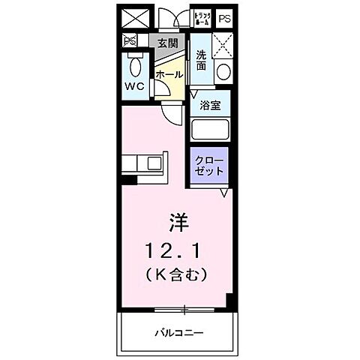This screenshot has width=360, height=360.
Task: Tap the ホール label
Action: (x=168, y=74)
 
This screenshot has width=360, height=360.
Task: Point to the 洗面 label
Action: (x=201, y=60)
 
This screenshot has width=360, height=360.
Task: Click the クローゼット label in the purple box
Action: (x=210, y=165)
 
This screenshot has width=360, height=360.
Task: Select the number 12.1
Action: (x=178, y=248)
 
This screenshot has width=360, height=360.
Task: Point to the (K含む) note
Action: (x=178, y=274)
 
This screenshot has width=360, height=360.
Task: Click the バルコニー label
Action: (x=180, y=332)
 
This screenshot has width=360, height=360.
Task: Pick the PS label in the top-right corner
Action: (x=225, y=17)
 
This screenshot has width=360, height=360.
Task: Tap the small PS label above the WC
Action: (x=130, y=42)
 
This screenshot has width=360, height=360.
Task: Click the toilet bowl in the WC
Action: (x=136, y=68)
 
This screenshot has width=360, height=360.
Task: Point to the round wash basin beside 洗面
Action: (x=223, y=73)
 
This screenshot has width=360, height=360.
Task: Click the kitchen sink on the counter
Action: (x=155, y=163)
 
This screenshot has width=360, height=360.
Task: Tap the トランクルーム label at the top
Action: (x=202, y=16)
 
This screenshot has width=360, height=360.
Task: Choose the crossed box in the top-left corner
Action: (x=132, y=17)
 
